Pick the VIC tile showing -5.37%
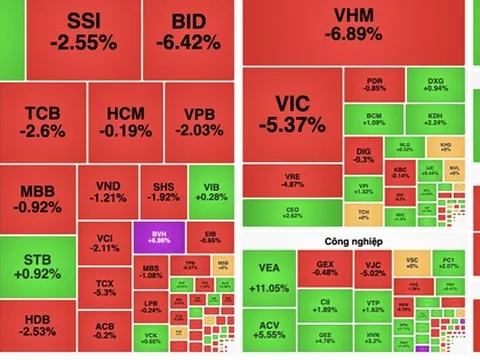(291, 115)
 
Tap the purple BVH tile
(158, 236)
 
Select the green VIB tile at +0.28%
(210, 191)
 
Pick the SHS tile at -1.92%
(162, 193)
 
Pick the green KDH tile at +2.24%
(434, 121)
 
